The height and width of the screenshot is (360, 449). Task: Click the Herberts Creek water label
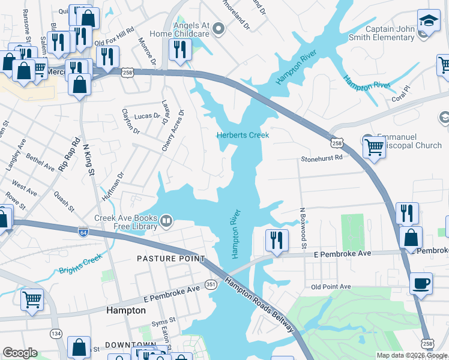tap(243, 135)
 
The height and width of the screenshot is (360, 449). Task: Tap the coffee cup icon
tap(421, 283)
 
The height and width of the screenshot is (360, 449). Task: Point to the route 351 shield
tap(210, 283)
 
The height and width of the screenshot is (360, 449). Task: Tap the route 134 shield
tap(56, 333)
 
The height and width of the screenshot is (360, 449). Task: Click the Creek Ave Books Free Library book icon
tap(166, 223)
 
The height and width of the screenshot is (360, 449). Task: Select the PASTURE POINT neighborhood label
tap(170, 259)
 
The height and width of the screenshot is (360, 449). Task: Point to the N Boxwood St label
tap(304, 229)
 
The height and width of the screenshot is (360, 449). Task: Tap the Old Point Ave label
tap(331, 287)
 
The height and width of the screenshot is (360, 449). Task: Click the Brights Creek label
tap(81, 265)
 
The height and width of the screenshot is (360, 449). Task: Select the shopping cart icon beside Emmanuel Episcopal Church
tap(373, 146)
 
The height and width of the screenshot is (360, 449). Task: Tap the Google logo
tap(20, 353)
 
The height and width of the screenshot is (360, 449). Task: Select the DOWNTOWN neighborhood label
tap(130, 345)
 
